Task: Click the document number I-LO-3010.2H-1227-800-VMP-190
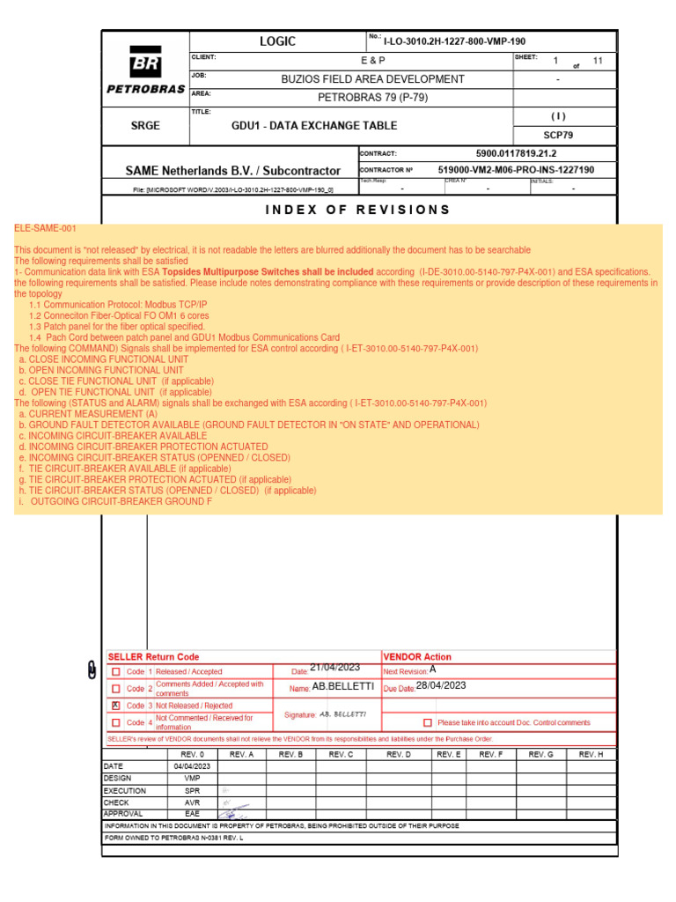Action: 455,41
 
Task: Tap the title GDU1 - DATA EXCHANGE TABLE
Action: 302,126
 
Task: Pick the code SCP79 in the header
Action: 558,135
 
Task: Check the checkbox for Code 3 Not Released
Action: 115,706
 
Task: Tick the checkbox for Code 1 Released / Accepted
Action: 115,671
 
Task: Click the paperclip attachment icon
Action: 92,671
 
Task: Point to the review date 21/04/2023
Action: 336,669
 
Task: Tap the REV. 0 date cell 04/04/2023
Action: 191,766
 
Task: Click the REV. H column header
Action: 591,755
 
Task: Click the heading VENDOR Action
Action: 417,657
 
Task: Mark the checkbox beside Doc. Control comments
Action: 428,722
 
